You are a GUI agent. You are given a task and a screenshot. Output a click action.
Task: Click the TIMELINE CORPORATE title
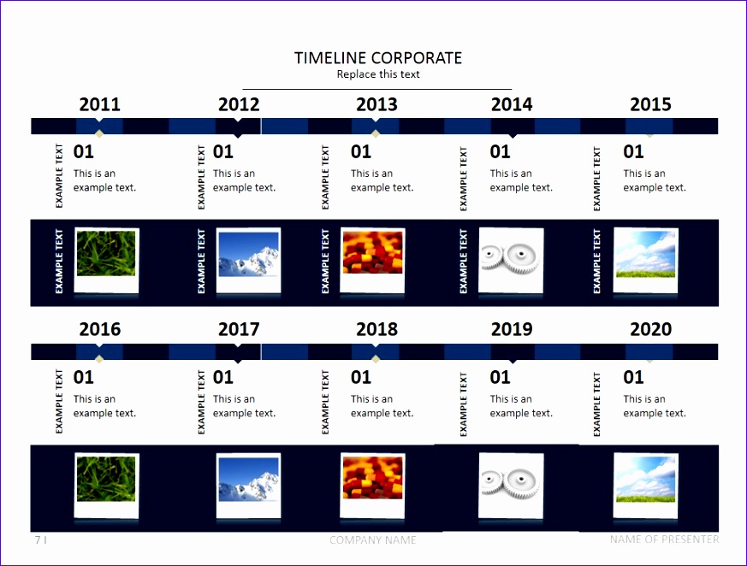(378, 58)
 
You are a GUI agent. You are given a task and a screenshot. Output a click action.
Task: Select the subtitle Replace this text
(378, 74)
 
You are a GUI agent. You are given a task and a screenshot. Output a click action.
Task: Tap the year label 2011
(99, 104)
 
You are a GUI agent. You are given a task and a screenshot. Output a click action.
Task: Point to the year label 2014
(512, 104)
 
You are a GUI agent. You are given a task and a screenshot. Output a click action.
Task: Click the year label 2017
(239, 329)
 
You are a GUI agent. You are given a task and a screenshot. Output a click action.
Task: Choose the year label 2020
(651, 329)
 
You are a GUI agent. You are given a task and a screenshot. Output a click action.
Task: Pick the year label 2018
(376, 329)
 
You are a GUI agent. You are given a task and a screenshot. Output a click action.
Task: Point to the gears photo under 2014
(511, 260)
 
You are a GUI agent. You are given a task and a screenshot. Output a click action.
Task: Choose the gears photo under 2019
(511, 485)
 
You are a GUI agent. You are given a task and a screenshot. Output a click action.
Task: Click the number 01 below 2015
(633, 152)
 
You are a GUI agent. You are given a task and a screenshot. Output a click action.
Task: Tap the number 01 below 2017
(223, 378)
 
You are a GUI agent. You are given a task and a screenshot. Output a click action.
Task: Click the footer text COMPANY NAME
(372, 539)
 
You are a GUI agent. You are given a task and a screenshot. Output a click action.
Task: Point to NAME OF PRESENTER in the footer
(664, 539)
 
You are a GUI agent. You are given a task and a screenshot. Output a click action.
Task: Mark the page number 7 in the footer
(38, 539)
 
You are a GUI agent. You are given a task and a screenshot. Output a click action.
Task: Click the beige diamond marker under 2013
(376, 133)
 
